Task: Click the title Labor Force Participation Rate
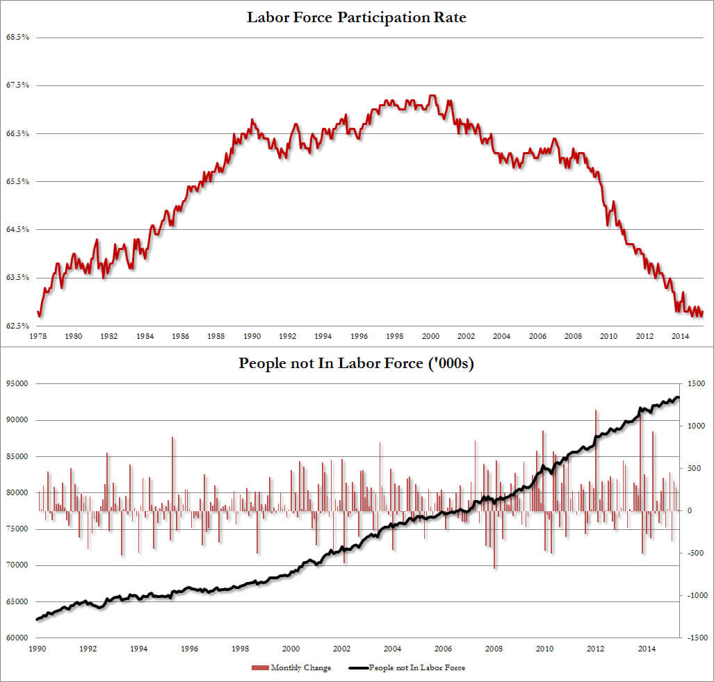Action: tap(357, 17)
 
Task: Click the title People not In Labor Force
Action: tap(356, 363)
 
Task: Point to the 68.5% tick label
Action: tap(17, 37)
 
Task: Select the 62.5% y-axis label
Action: tap(17, 326)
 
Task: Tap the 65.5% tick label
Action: tap(17, 181)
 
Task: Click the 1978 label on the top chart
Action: tap(38, 336)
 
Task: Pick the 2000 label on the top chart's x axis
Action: tap(430, 336)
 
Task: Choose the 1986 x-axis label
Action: tap(180, 336)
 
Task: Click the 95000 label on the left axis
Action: tap(17, 383)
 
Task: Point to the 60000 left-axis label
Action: tap(17, 638)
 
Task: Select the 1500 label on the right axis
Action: tap(694, 383)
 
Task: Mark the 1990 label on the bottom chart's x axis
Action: tap(38, 648)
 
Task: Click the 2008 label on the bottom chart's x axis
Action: tap(494, 648)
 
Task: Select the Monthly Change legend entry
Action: tap(307, 668)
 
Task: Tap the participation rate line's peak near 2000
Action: tap(432, 96)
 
